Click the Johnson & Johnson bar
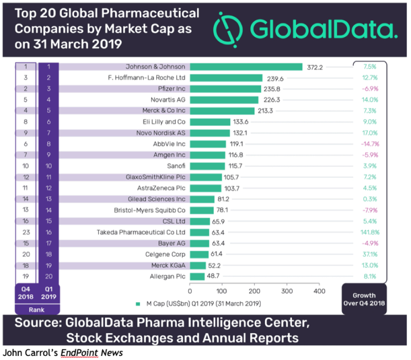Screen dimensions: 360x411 (x=246, y=67)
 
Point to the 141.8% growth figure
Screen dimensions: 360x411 (x=370, y=233)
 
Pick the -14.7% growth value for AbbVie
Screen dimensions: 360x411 (x=370, y=144)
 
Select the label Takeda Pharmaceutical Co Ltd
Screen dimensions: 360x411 (x=141, y=233)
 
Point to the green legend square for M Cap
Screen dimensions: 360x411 (x=138, y=304)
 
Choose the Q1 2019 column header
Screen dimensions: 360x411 (x=49, y=293)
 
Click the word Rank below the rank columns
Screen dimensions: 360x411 (x=36, y=310)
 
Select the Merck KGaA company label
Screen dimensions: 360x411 (x=167, y=266)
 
